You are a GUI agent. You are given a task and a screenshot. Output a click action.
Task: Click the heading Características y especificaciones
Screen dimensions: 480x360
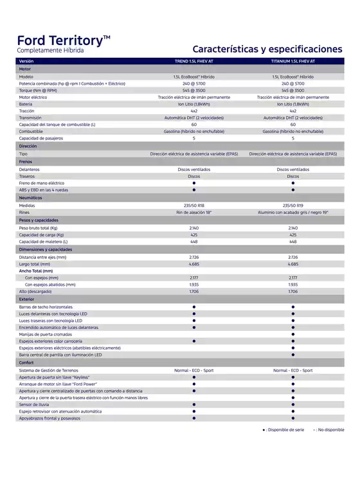(x=267, y=49)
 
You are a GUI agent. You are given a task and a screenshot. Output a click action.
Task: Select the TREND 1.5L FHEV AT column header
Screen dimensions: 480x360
(x=194, y=61)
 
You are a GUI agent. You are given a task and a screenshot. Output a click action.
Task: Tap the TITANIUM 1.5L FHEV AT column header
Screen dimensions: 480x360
(x=292, y=61)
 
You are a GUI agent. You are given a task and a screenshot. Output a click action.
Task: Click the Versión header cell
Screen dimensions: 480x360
(x=26, y=61)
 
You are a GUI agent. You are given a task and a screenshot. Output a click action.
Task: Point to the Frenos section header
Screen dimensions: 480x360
(x=26, y=161)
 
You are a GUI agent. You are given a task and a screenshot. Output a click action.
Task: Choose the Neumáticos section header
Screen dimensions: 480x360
(x=30, y=198)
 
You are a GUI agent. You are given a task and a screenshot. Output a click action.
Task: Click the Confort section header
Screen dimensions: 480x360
(x=26, y=362)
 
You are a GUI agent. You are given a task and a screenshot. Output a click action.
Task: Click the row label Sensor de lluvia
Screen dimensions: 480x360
(x=33, y=405)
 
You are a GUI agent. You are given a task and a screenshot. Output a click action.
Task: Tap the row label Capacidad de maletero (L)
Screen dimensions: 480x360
(x=44, y=242)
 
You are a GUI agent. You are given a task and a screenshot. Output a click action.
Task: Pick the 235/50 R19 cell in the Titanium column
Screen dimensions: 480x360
(x=292, y=206)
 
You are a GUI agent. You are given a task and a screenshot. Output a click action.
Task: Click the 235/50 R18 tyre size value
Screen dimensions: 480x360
(x=194, y=206)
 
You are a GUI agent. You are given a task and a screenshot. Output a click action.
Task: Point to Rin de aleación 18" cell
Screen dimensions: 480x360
(x=194, y=213)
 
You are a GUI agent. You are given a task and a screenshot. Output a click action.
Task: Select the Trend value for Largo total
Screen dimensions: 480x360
(x=194, y=263)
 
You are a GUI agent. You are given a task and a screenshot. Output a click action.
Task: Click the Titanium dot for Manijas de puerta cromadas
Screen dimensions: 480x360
(x=292, y=334)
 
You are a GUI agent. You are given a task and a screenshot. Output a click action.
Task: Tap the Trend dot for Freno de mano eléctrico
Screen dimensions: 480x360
(x=194, y=183)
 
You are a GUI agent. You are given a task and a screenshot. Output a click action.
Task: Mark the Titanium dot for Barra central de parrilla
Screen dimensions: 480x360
(x=292, y=355)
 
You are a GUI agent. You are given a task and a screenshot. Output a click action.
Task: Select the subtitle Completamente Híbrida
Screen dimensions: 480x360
(x=50, y=50)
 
